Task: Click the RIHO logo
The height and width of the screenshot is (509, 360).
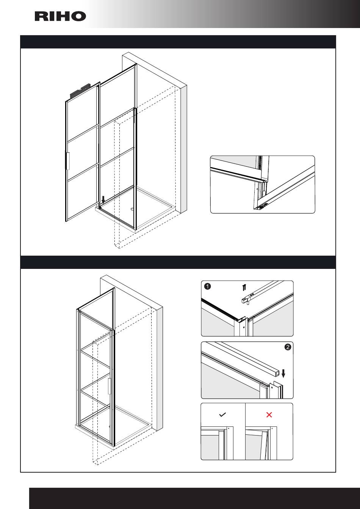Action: [x=60, y=16]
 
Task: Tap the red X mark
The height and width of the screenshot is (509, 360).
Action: [x=269, y=415]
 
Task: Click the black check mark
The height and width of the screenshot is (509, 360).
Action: [x=222, y=415]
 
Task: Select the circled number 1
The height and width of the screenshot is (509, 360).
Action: [x=208, y=286]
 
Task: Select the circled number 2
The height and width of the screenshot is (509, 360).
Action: [x=288, y=347]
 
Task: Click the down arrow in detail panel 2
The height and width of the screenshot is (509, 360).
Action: [x=283, y=373]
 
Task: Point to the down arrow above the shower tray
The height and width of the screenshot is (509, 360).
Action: [x=103, y=200]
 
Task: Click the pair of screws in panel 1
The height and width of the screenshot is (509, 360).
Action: [x=244, y=288]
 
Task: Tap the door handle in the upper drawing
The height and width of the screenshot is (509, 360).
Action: [x=68, y=161]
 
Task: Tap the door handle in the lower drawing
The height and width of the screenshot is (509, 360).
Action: [x=110, y=386]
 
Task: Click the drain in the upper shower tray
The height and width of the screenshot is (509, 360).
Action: [x=132, y=209]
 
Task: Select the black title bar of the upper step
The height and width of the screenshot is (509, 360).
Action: [x=178, y=42]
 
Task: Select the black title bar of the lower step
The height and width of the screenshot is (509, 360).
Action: [x=178, y=262]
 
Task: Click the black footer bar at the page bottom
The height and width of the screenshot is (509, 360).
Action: [x=194, y=498]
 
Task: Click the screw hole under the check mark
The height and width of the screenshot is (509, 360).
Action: [x=229, y=428]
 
